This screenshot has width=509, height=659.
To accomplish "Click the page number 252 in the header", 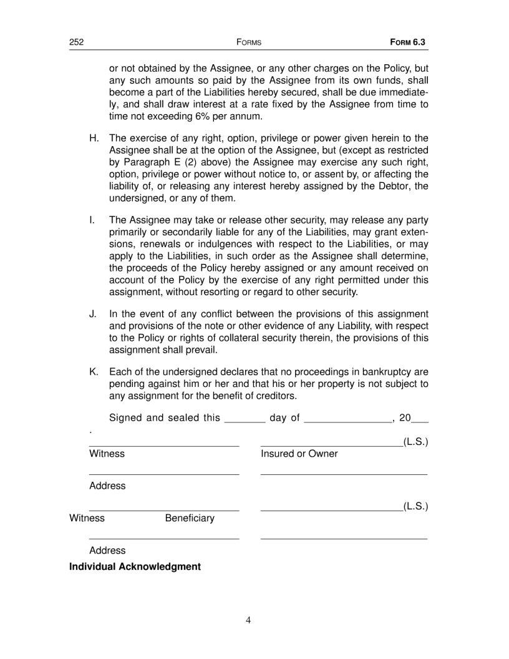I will click(x=76, y=42).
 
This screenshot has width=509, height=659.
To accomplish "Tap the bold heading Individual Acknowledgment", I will click(x=135, y=567).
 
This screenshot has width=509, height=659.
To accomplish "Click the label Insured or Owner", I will click(x=299, y=454).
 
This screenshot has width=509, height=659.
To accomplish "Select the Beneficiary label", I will click(x=190, y=518).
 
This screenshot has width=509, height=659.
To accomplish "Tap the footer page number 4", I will click(x=248, y=620).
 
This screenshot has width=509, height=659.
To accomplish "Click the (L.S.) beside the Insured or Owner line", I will click(x=415, y=442).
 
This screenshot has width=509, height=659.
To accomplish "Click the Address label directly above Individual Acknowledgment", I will click(x=107, y=550).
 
